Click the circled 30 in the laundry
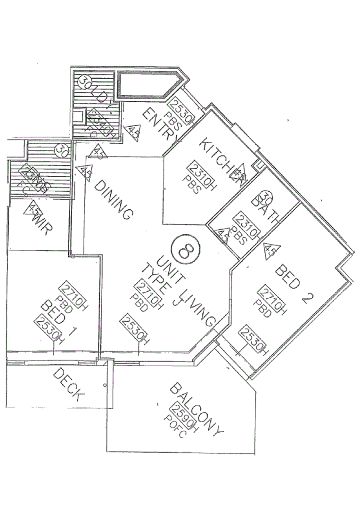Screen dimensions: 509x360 click(x=84, y=85)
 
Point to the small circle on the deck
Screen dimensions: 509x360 click(x=104, y=386)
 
